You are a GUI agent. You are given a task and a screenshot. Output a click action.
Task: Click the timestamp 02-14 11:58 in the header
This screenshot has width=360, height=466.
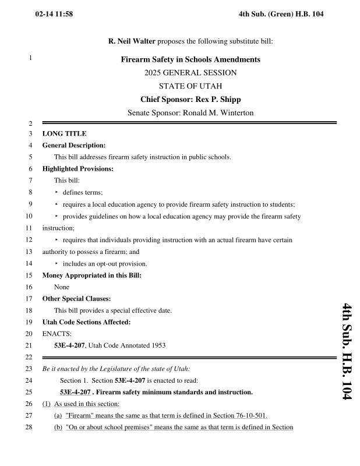(54, 13)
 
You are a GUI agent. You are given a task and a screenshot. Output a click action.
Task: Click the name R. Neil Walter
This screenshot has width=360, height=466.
(132, 41)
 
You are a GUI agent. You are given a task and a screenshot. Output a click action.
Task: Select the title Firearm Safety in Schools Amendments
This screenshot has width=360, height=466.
(190, 59)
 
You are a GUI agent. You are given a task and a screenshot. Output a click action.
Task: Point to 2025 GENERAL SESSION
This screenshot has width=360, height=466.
(190, 73)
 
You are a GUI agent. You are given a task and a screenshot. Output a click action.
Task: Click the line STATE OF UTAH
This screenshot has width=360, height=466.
(190, 86)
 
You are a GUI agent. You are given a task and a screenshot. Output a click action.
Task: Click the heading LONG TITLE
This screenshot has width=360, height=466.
(64, 134)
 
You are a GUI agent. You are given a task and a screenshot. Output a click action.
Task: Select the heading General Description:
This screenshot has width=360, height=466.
(74, 145)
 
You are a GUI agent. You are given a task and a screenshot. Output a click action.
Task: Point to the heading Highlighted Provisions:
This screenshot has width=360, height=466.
(77, 169)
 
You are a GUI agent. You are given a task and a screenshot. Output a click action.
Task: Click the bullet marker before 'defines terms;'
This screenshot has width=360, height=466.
(57, 192)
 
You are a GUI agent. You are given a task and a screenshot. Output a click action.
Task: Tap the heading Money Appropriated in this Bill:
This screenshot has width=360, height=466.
(91, 275)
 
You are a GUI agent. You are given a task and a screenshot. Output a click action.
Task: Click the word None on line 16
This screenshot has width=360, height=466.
(61, 287)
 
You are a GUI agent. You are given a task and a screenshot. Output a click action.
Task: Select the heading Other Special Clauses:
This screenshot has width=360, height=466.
(76, 299)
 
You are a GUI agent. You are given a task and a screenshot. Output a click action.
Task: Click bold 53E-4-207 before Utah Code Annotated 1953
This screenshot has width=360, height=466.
(69, 345)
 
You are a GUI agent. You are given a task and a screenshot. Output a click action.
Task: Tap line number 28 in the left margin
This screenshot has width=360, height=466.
(29, 428)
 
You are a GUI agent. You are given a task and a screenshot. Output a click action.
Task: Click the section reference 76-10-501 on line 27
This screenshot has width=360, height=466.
(250, 415)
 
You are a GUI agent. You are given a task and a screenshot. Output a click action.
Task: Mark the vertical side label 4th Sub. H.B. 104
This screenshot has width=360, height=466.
(347, 351)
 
